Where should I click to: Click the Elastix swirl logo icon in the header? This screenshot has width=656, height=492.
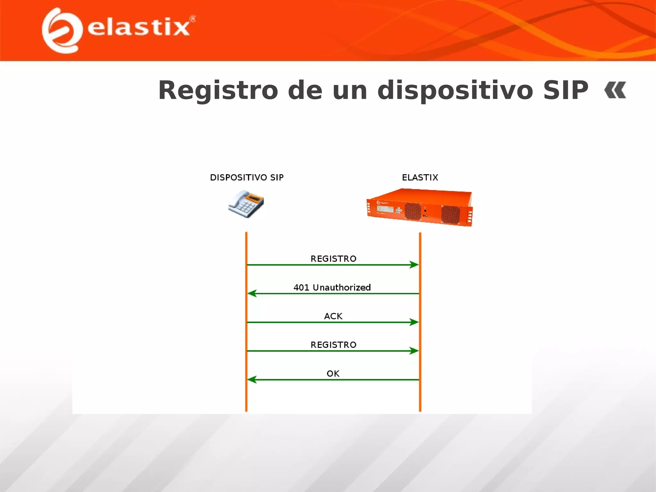coord(61,31)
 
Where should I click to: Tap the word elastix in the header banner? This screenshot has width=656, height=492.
coord(138,28)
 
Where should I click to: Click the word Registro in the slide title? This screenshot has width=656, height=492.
coord(218,91)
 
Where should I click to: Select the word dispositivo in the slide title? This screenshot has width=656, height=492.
coord(455,91)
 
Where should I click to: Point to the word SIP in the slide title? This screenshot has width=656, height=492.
coord(566,91)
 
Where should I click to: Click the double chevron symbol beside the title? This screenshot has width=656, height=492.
coord(615,90)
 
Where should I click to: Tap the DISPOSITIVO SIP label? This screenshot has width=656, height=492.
coord(247,177)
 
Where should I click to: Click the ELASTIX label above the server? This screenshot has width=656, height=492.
coord(420,177)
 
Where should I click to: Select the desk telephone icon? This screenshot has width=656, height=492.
coord(246,204)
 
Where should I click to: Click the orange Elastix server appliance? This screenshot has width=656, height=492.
coord(420,208)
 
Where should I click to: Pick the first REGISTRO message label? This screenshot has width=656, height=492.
coord(333,259)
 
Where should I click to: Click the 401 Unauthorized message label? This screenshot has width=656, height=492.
coord(332,287)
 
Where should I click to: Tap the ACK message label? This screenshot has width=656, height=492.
coord(333,316)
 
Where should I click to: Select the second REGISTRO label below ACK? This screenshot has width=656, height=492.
coord(333,345)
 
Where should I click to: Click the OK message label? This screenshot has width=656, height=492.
coord(333,373)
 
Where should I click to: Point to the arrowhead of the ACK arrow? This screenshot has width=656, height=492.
coord(414,322)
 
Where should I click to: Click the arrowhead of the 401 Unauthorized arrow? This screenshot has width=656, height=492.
coord(252,293)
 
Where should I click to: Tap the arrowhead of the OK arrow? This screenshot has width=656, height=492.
coord(252,380)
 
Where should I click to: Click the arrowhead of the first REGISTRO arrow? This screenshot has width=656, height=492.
coord(414,265)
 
